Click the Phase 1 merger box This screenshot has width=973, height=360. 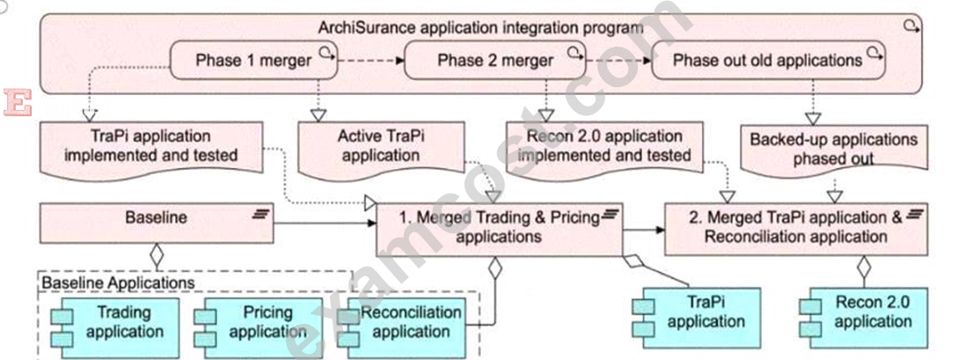click(253, 60)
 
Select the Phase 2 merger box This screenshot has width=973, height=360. click(494, 60)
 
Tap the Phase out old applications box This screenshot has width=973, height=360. click(768, 60)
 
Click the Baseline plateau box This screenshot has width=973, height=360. click(157, 224)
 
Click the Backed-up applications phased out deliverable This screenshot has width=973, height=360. click(834, 148)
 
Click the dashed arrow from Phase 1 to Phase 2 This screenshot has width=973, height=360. click(371, 61)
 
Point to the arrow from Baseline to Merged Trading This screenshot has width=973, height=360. click(325, 224)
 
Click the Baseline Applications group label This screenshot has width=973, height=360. click(118, 283)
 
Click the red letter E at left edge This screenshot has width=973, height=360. click(17, 102)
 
